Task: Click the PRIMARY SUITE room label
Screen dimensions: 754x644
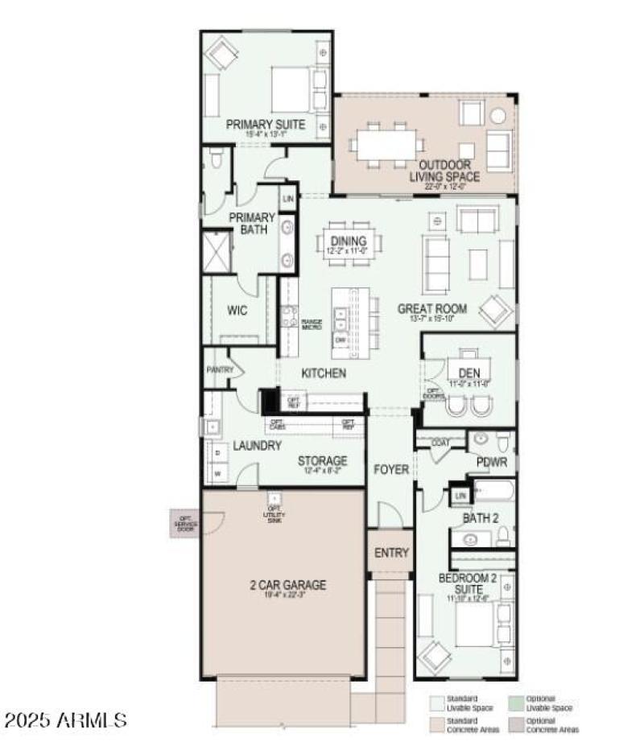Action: click(265, 125)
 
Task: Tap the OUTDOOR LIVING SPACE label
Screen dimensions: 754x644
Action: click(444, 171)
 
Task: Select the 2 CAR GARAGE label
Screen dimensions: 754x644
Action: click(287, 585)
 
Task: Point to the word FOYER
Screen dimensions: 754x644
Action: click(391, 469)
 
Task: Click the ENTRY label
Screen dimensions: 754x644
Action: click(391, 554)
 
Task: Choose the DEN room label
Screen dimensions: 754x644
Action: click(469, 373)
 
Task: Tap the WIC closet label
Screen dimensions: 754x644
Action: click(237, 311)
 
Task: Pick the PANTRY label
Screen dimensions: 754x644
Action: click(219, 370)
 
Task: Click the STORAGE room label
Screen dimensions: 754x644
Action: click(322, 461)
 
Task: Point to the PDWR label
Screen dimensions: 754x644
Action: click(490, 464)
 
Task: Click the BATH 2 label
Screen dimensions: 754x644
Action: click(481, 518)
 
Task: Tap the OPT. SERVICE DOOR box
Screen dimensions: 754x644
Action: click(185, 524)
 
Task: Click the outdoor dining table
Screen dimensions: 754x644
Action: click(387, 145)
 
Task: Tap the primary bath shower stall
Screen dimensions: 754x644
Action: click(216, 250)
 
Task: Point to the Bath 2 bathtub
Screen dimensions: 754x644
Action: click(493, 490)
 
